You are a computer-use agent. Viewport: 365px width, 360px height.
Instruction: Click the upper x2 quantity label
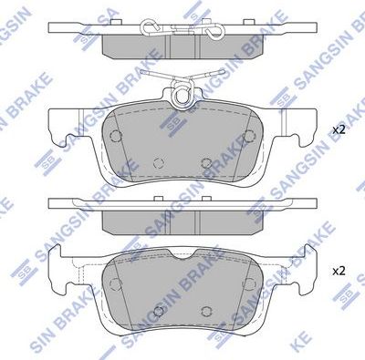click(x=339, y=130)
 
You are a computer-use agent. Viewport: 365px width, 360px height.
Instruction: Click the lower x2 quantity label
click(x=339, y=271)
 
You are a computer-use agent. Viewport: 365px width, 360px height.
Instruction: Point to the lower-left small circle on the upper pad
click(x=157, y=163)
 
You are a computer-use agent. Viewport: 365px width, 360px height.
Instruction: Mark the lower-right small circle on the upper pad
click(x=206, y=163)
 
